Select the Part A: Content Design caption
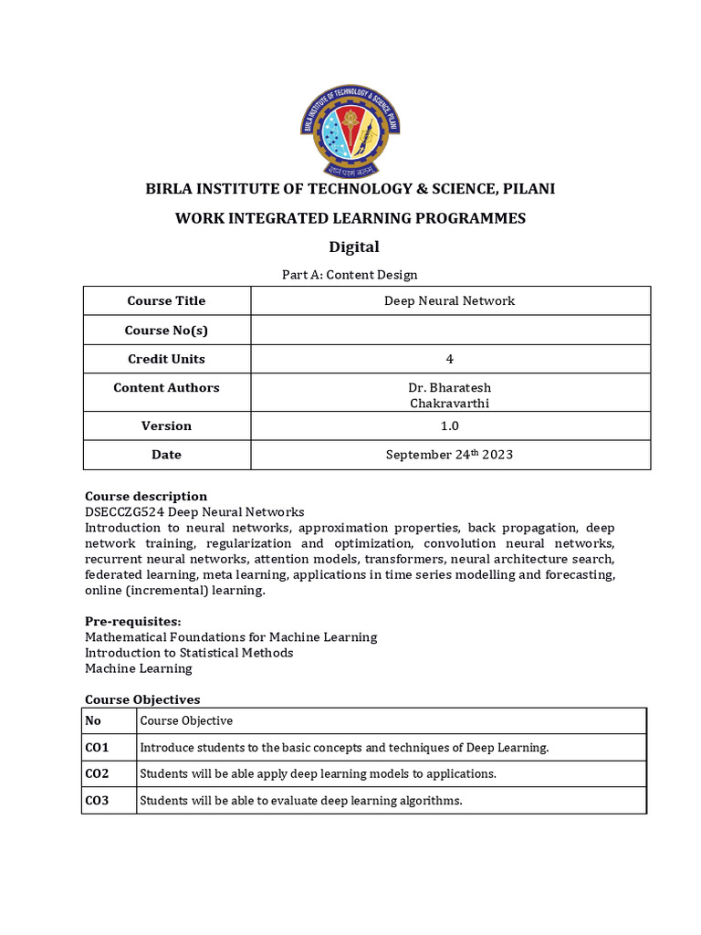pyautogui.click(x=350, y=274)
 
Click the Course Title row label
pyautogui.click(x=166, y=300)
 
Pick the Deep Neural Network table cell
pyautogui.click(x=449, y=300)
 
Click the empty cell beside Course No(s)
pyautogui.click(x=449, y=330)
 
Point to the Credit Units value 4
pyautogui.click(x=449, y=359)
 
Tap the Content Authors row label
pyautogui.click(x=166, y=388)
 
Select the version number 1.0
pyautogui.click(x=449, y=425)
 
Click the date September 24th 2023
pyautogui.click(x=449, y=455)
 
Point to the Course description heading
pyautogui.click(x=146, y=497)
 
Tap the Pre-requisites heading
pyautogui.click(x=133, y=622)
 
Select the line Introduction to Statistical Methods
pyautogui.click(x=189, y=653)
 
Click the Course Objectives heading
pyautogui.click(x=142, y=699)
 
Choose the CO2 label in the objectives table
pyautogui.click(x=97, y=773)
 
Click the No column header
pyautogui.click(x=93, y=720)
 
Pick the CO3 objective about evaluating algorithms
pyautogui.click(x=301, y=801)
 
